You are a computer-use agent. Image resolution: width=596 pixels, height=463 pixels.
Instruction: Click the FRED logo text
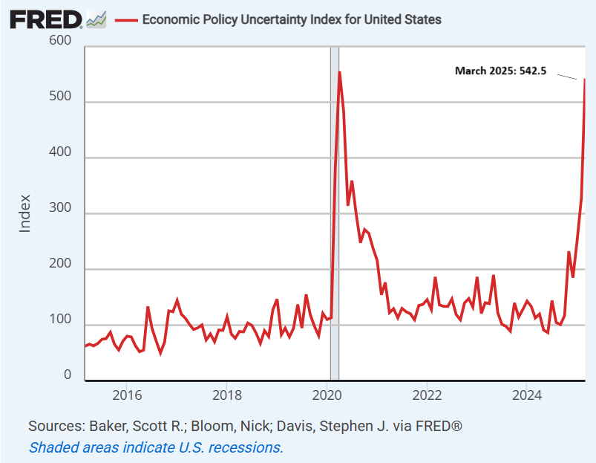tap(45, 19)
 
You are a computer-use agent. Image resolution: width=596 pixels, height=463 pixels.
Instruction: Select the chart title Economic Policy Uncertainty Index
tap(291, 19)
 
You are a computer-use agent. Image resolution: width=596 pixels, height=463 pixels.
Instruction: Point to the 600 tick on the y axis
tap(60, 40)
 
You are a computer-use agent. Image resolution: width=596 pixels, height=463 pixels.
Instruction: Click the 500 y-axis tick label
tap(60, 97)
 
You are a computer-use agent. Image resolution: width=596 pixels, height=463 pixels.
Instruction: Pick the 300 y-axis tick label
tap(60, 208)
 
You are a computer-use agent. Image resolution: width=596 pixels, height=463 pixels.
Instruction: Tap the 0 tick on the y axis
tap(67, 375)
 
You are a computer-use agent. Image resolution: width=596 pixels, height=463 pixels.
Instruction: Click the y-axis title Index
tap(25, 213)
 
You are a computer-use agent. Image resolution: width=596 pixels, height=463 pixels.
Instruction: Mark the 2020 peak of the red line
tap(339, 72)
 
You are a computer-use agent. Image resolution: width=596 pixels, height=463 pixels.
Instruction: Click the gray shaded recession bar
tap(335, 223)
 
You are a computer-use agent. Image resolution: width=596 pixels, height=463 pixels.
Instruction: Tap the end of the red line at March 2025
tap(585, 79)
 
